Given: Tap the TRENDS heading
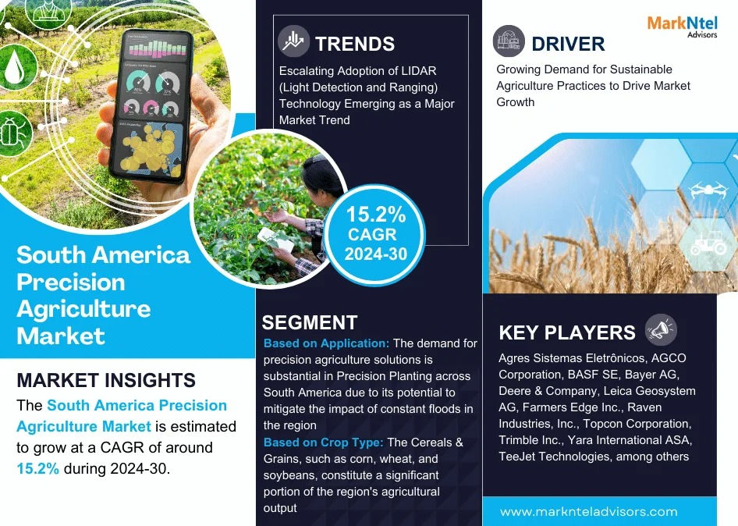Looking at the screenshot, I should (x=355, y=43).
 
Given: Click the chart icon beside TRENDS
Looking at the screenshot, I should (x=294, y=41).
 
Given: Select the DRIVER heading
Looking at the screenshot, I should (x=568, y=43).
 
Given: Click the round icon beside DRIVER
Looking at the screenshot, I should (x=509, y=41).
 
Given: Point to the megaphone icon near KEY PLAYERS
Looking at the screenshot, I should (x=661, y=331).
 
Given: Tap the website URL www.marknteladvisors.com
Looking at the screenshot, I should (x=588, y=512).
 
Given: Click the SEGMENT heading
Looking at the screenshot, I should (x=310, y=322).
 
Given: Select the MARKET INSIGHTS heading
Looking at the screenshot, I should (x=106, y=381).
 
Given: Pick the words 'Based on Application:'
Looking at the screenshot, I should (x=326, y=343).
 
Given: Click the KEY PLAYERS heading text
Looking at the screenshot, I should (x=567, y=332).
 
